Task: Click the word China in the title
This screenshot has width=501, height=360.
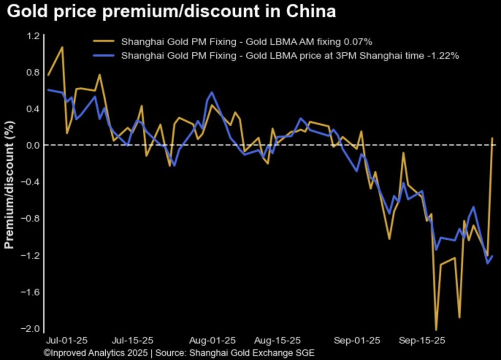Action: (311, 12)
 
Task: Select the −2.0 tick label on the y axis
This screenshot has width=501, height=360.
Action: (31, 329)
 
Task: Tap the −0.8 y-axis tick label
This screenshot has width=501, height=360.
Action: (31, 219)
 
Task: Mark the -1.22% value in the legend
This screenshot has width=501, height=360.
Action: (443, 56)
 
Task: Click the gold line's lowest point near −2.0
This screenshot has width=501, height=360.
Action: (436, 330)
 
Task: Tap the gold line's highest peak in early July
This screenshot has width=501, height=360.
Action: (62, 47)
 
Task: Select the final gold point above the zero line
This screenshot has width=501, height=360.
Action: (492, 138)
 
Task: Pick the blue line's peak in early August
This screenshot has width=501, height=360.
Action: (212, 92)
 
